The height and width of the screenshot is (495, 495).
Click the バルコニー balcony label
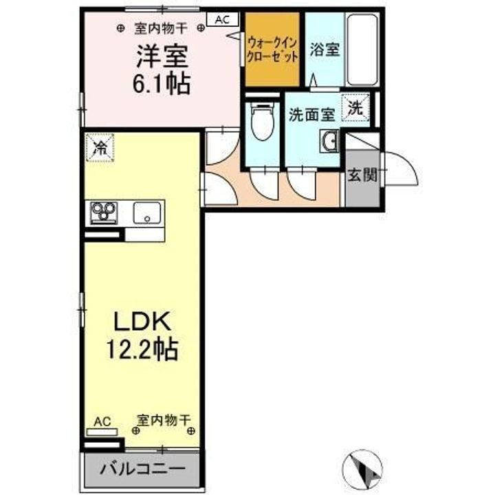coord(144,471)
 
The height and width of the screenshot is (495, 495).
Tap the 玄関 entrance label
coord(361,175)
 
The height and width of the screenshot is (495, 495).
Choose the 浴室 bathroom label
coord(324,50)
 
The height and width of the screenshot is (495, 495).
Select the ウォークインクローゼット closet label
coord(272,49)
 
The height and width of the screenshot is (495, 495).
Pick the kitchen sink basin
coord(146,213)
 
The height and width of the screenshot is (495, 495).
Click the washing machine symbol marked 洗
coord(355,107)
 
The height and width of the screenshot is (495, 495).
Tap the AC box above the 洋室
coord(223,20)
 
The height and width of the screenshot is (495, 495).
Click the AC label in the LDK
coord(101,421)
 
